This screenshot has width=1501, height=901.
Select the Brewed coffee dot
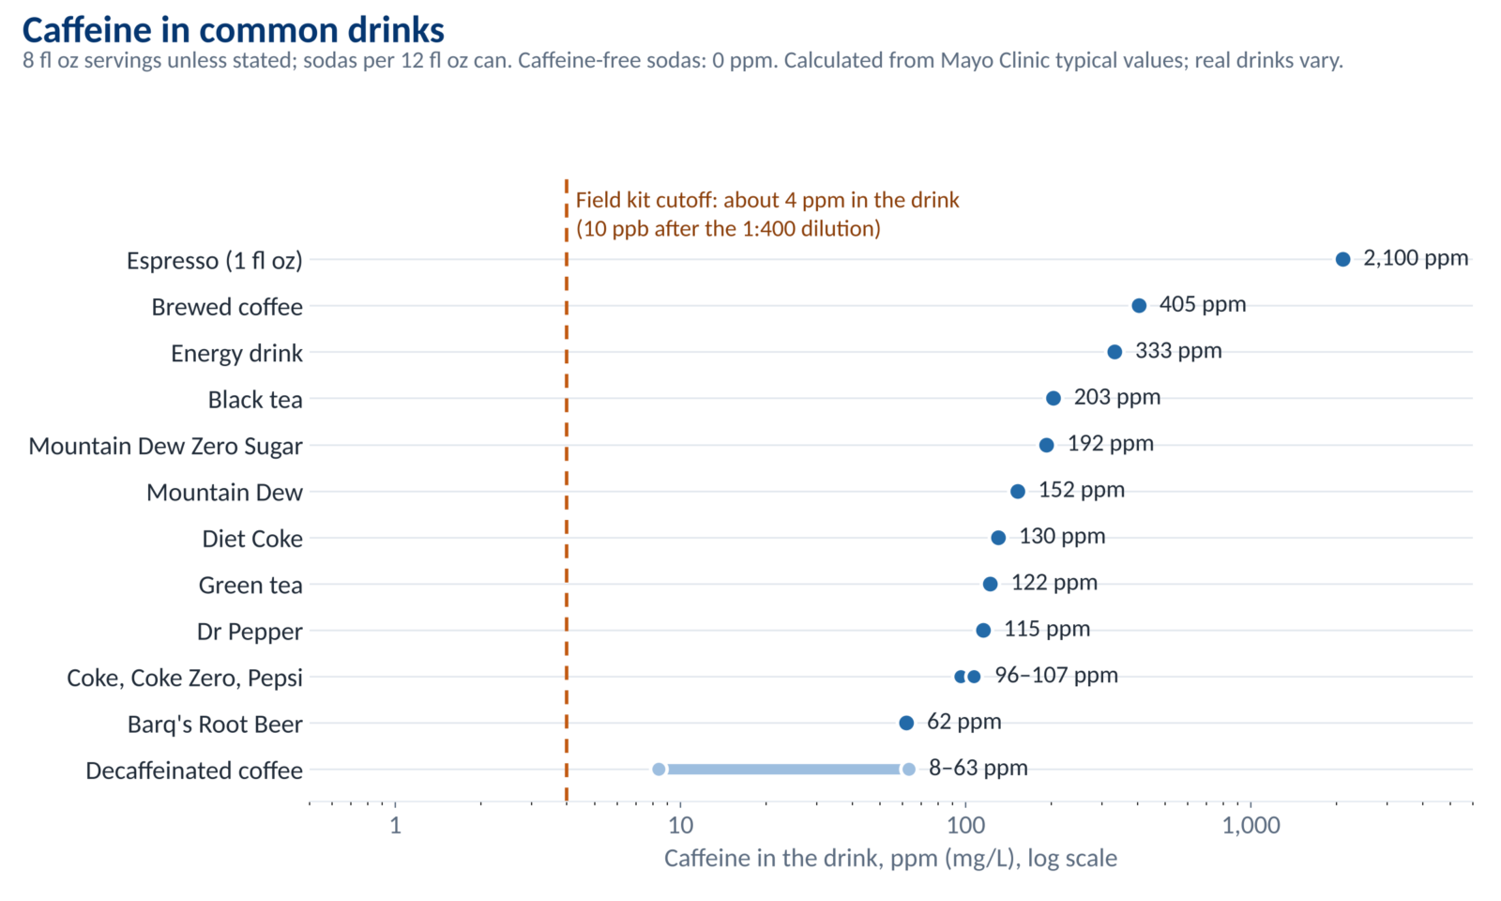1139,306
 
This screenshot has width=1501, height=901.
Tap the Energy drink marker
1114,352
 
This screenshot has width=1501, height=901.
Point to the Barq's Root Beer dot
906,723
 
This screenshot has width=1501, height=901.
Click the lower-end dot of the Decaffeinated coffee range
659,769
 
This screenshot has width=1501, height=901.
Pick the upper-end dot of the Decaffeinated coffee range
909,769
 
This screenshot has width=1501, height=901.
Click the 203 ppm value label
1117,397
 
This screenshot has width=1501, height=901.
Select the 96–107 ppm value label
1056,675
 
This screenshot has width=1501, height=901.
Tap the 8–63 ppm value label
978,768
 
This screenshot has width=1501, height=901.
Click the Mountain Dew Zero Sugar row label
165,446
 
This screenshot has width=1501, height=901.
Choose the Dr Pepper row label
250,632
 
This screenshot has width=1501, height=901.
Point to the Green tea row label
250,586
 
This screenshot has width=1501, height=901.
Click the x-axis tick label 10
680,825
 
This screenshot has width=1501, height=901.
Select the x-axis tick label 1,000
1251,825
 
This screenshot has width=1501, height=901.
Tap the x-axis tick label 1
395,825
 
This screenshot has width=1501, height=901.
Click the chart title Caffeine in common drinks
234,30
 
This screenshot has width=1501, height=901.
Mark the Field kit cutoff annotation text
767,215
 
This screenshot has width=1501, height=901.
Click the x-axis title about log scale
890,859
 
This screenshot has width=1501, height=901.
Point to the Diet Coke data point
998,538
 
